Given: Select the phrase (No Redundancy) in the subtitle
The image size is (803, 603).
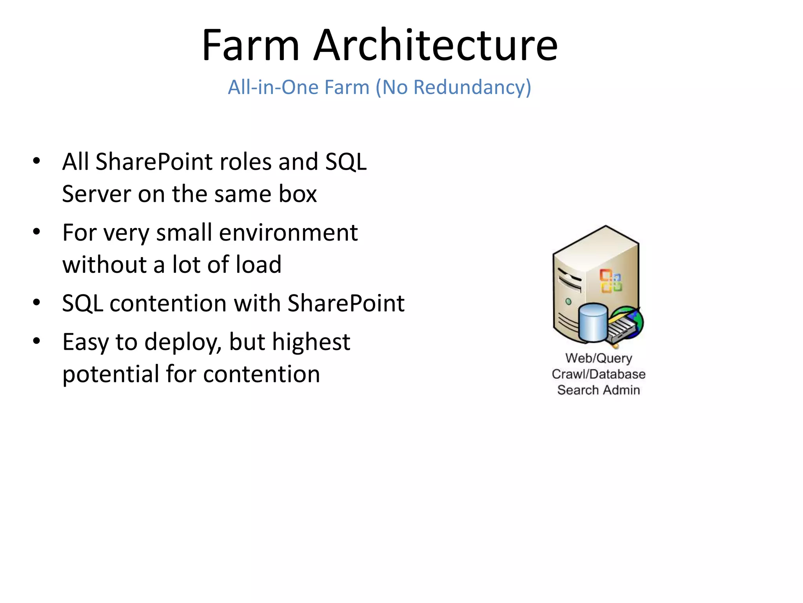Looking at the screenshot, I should (x=453, y=87).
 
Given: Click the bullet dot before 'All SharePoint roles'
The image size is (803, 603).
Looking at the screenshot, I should (x=36, y=161).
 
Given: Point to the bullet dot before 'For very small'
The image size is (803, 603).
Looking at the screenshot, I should (x=36, y=232).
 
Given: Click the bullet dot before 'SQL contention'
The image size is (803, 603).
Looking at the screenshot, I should (x=36, y=303).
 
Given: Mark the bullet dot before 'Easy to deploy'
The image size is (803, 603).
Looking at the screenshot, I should (x=36, y=341).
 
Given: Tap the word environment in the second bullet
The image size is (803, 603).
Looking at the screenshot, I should (x=288, y=232).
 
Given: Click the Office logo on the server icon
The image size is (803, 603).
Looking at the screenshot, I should (x=611, y=281).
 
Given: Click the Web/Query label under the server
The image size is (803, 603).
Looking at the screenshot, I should (x=599, y=358).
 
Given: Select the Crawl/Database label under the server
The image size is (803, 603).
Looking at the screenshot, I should (x=599, y=374).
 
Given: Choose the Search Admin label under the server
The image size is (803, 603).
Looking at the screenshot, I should (x=599, y=390).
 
